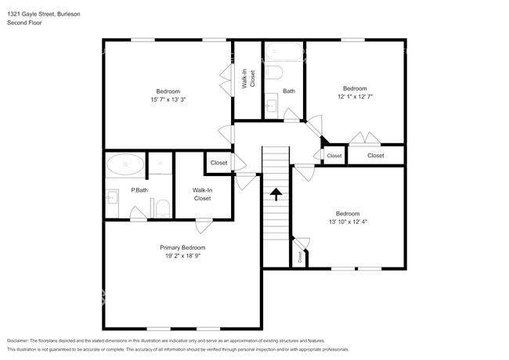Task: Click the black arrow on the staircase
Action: coord(276,194)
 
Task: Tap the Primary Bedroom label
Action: coord(182,247)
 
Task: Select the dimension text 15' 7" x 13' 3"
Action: coord(168,99)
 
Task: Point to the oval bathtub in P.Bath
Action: coord(125,164)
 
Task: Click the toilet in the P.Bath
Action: coord(163,209)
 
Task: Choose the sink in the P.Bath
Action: coord(112,197)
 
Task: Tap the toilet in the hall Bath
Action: coord(273,72)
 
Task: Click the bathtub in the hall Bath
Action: coord(284,52)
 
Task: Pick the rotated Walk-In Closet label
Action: coord(248,78)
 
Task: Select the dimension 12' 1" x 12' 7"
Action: coord(355,96)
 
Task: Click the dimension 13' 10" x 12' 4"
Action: coord(348,221)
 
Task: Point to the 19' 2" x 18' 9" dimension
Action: coord(182,256)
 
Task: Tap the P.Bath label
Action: coord(139,190)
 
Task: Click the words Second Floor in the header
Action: coord(24,23)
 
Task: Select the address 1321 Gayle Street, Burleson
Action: coord(44,14)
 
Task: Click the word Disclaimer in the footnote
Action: coord(18,340)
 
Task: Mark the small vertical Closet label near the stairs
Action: coord(300,257)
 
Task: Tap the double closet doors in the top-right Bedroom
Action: coord(365,138)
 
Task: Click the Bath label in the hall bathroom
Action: coord(289,91)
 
